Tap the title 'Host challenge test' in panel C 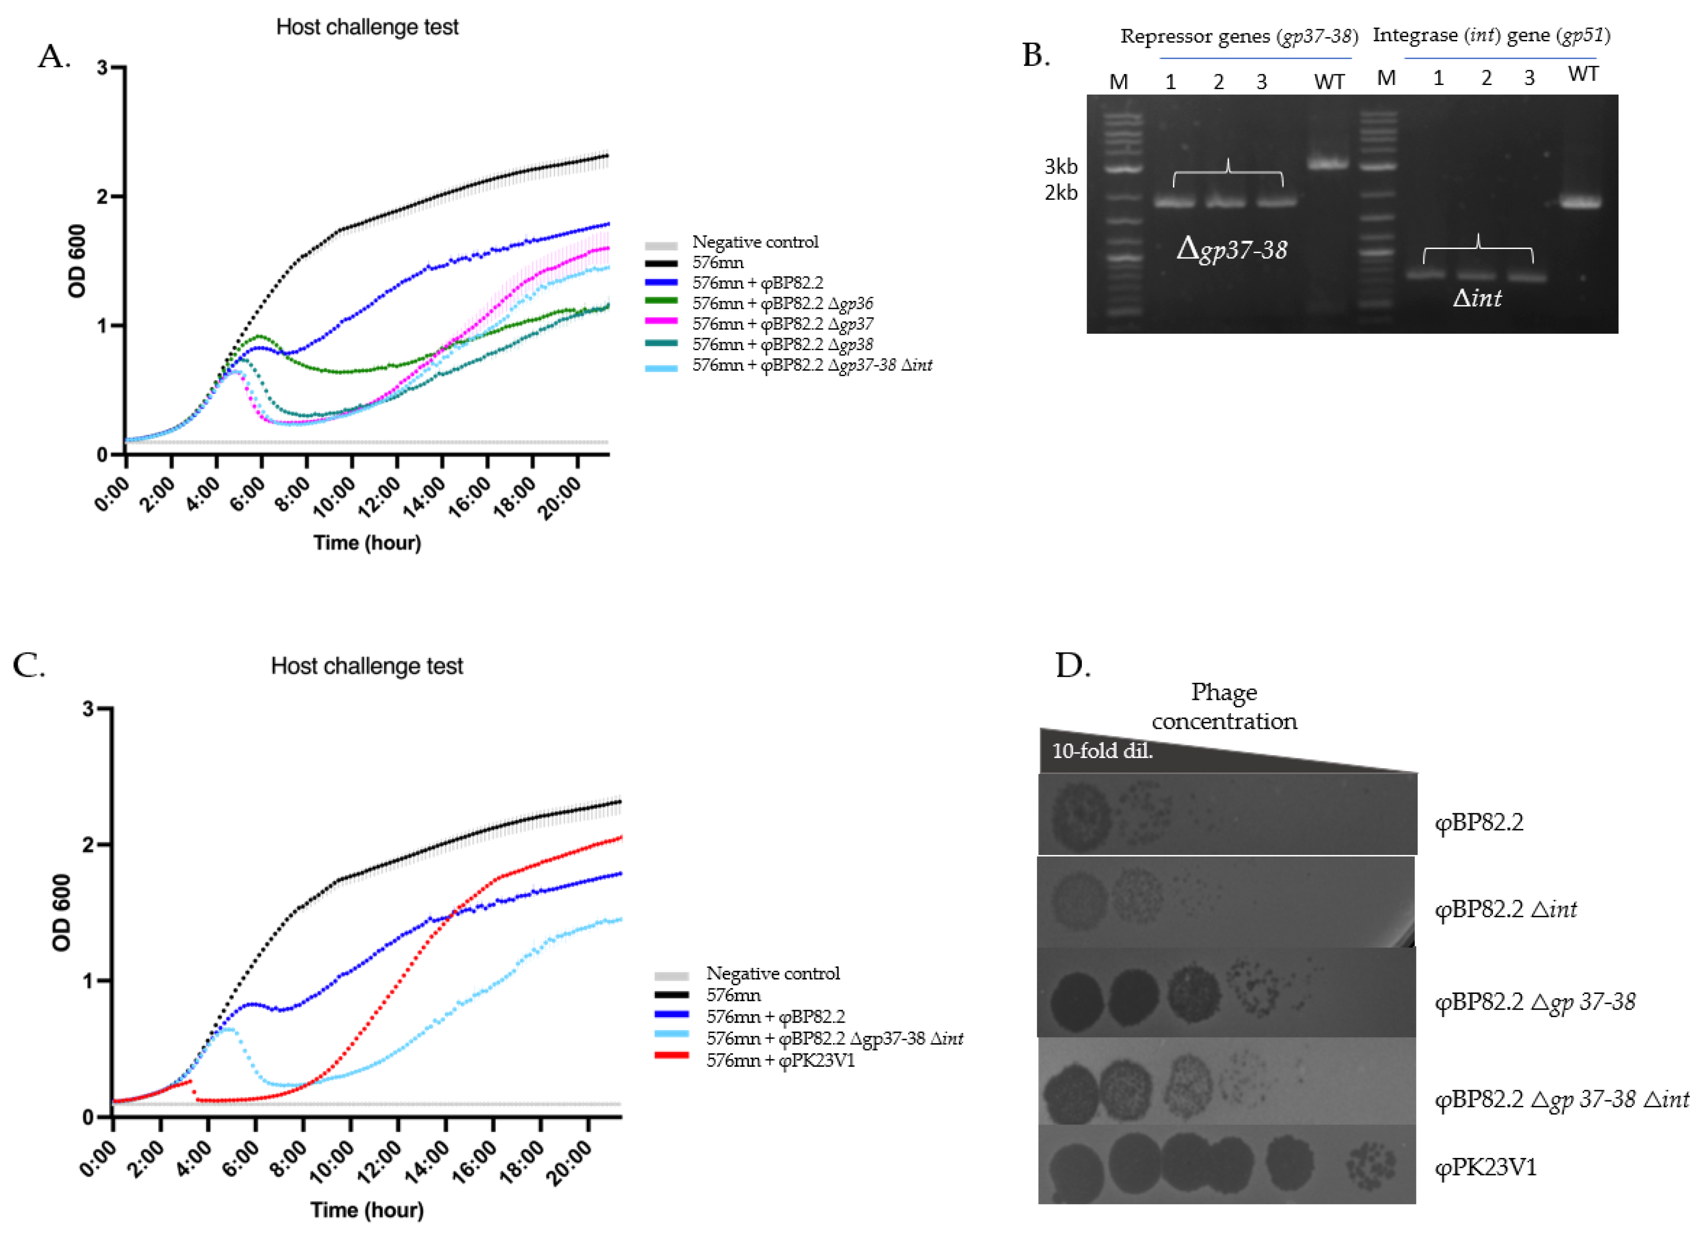367,666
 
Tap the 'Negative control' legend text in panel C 773,974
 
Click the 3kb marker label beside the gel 1060,167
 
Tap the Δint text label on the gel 1477,299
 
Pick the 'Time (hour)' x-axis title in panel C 367,1210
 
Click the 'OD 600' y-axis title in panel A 77,261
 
